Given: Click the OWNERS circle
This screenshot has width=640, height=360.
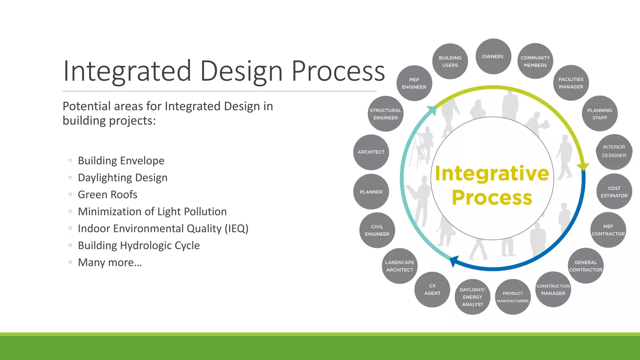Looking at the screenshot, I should point(493,57).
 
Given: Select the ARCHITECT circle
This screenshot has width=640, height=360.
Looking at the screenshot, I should point(371,152).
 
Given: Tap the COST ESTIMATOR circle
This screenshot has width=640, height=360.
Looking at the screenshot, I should point(614,192).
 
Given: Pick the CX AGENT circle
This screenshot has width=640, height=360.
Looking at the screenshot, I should point(432,290).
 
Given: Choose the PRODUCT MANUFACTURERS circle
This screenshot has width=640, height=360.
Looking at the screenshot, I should point(513,297).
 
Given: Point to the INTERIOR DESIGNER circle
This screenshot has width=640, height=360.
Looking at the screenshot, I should point(614,152).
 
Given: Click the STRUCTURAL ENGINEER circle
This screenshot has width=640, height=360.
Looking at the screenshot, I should point(385,114).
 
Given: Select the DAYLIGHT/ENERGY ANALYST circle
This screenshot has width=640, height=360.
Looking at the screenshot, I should point(472,297).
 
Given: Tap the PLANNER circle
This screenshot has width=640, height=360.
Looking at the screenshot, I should point(371,192).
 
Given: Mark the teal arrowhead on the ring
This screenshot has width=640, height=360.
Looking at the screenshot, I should point(432,110).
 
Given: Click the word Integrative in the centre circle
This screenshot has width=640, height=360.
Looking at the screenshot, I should point(492,173).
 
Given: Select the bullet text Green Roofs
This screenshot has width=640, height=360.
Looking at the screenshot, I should point(107,195).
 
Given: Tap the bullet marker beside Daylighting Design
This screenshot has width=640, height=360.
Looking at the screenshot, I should point(70,177).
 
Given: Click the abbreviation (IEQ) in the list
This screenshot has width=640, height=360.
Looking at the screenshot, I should point(237,229).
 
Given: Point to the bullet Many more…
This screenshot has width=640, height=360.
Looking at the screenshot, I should point(110,262).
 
